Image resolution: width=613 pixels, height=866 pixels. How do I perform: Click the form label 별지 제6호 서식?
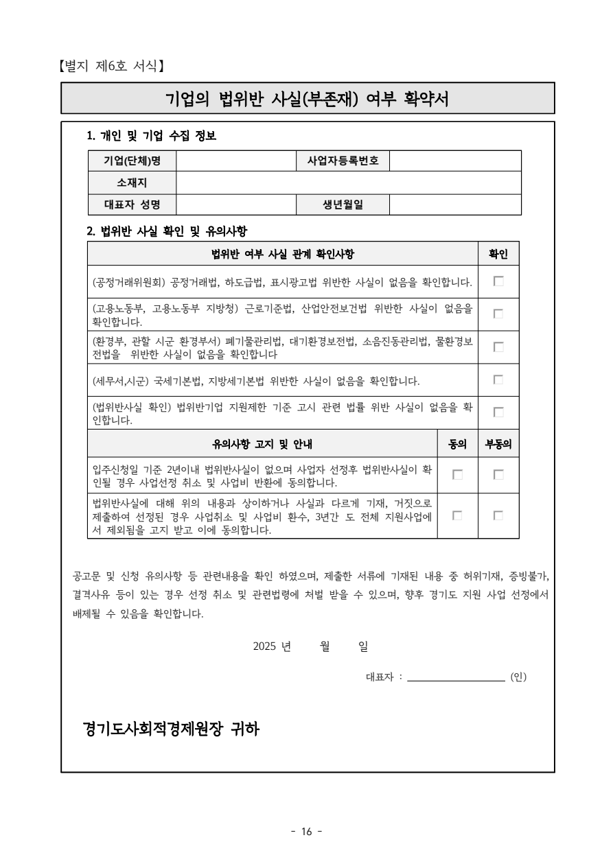tap(111, 67)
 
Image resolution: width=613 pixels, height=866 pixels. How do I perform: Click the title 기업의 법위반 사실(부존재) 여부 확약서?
tap(308, 99)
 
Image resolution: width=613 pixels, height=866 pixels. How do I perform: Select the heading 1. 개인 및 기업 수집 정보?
tap(152, 136)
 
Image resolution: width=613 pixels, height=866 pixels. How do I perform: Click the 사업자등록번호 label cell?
tap(343, 161)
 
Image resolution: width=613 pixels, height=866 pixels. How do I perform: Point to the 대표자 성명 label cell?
tap(132, 204)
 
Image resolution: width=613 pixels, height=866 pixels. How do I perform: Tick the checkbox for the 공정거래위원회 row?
tap(498, 281)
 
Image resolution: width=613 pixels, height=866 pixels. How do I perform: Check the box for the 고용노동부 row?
tap(498, 314)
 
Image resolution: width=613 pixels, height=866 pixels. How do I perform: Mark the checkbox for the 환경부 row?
tap(498, 347)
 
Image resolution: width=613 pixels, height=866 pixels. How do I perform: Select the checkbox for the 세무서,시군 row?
tap(498, 379)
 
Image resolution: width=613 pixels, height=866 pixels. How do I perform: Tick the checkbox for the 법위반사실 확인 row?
tap(498, 412)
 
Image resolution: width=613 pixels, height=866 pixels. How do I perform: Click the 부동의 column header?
tap(498, 444)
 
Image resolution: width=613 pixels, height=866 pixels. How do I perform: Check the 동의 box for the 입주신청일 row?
tap(457, 474)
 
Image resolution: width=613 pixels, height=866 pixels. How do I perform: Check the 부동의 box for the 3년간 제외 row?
tap(498, 515)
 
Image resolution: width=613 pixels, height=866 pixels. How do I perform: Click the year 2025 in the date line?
tap(264, 646)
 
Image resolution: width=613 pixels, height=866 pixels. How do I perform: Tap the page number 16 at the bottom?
tap(306, 832)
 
